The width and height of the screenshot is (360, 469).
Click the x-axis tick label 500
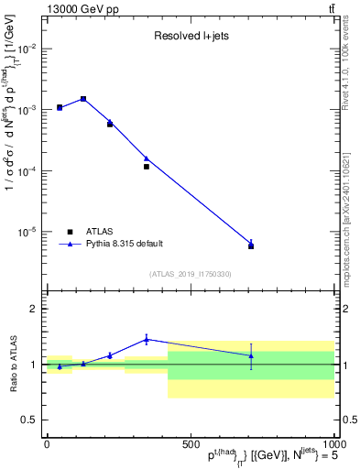pos(190,444)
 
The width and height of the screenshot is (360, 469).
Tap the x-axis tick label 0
pos(47,444)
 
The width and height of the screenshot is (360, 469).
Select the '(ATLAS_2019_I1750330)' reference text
pos(190,274)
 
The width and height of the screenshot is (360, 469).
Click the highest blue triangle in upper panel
pos(83,98)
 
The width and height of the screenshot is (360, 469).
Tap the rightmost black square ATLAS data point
pos(251,246)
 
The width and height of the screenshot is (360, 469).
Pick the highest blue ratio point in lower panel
pos(147,339)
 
